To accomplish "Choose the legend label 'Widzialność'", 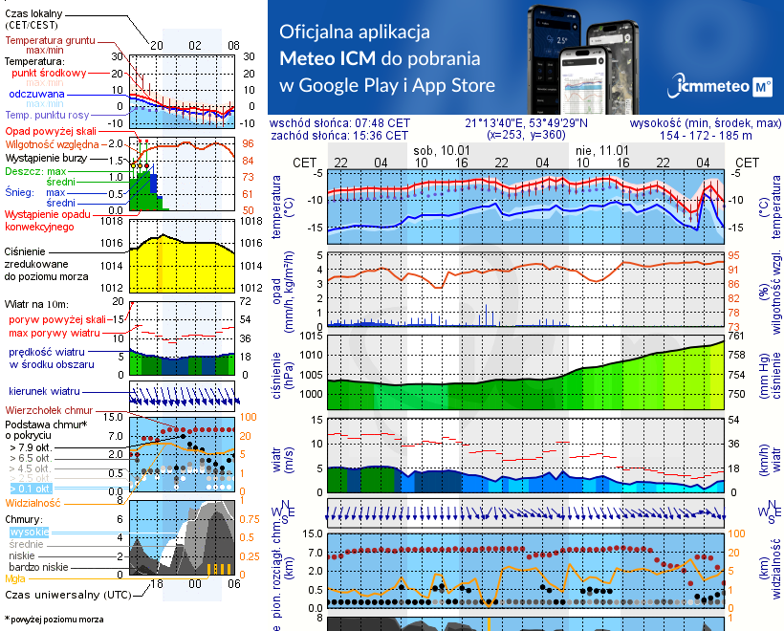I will tap(33, 501).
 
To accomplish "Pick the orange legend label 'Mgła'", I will tap(15, 578).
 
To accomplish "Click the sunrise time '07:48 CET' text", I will tap(381, 123).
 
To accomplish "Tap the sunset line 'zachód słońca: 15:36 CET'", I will tap(340, 135).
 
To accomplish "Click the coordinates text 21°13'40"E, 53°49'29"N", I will tap(527, 123).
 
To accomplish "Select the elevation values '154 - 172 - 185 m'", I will tap(706, 136).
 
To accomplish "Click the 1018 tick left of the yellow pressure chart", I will tap(113, 221).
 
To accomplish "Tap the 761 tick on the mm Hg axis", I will tap(738, 335).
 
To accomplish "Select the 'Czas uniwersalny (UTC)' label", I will tap(65, 595).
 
